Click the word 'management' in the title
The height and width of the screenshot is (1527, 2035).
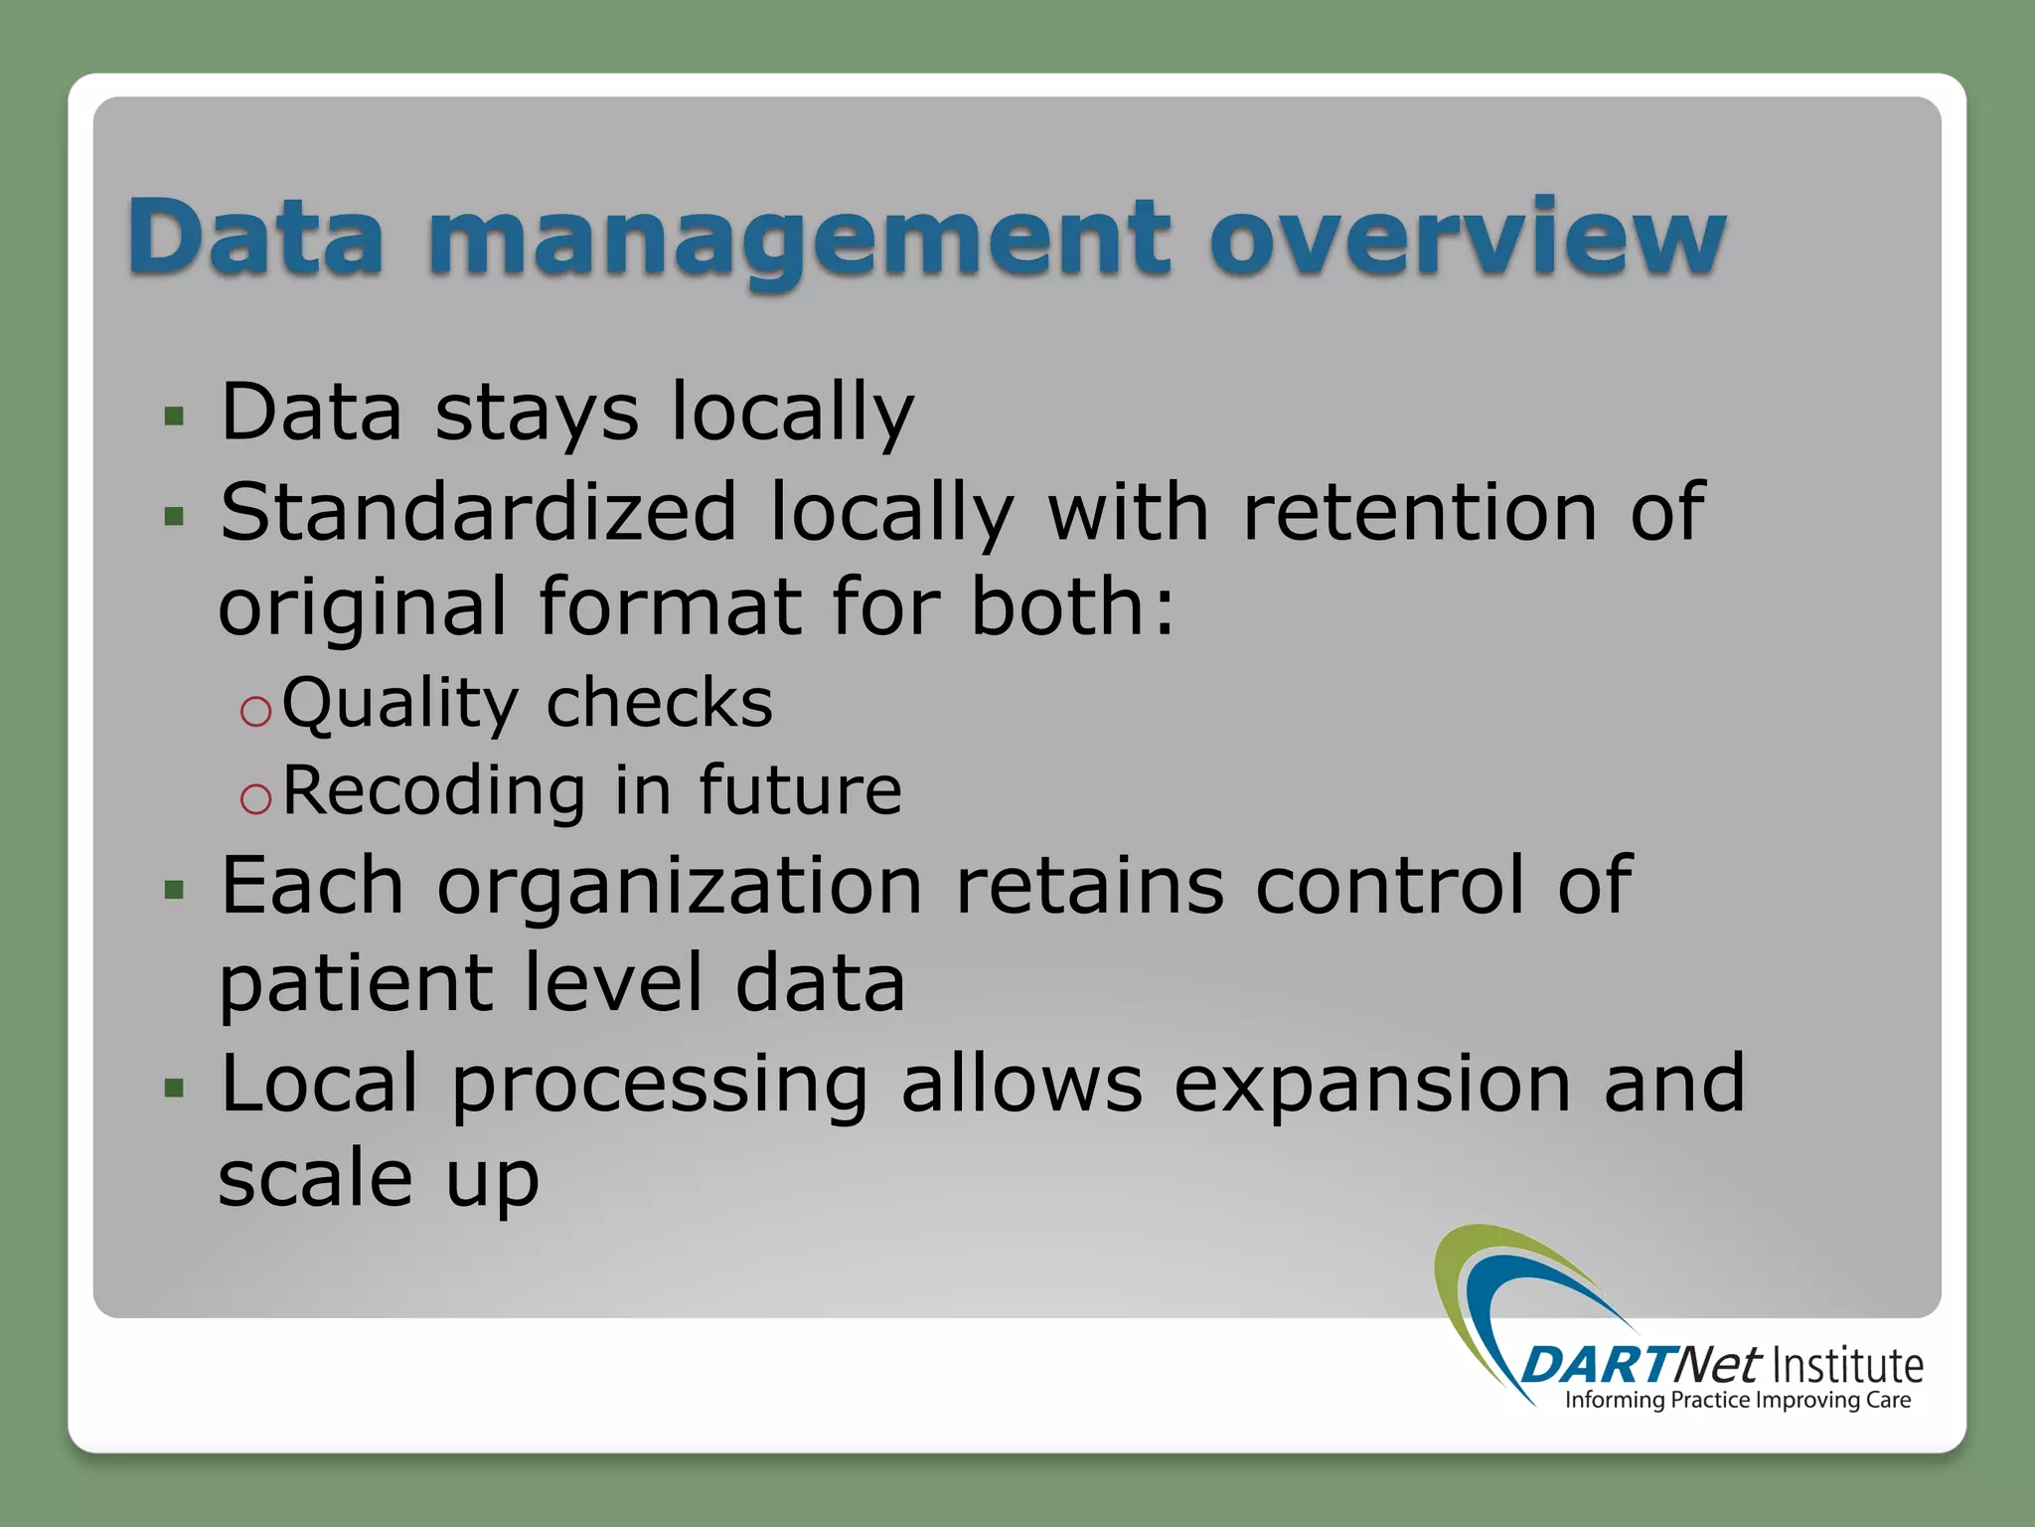(x=800, y=239)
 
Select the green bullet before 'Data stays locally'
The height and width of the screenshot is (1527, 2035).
(x=175, y=417)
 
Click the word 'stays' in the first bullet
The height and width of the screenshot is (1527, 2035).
(x=537, y=413)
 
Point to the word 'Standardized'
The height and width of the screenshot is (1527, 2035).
(x=478, y=512)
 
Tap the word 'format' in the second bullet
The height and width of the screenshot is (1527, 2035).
(x=670, y=606)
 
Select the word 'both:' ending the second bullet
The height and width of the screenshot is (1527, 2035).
(x=1073, y=606)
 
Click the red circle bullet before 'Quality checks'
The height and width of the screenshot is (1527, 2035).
(x=255, y=711)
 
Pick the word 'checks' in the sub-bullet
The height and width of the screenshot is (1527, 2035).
(x=659, y=703)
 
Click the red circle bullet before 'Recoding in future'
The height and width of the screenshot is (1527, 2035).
(x=255, y=798)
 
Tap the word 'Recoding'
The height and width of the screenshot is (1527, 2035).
(x=433, y=790)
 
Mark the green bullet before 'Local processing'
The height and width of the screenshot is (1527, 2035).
(x=175, y=1088)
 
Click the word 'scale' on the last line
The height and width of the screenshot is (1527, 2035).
(x=315, y=1179)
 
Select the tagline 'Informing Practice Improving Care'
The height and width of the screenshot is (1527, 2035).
(x=1737, y=1401)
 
